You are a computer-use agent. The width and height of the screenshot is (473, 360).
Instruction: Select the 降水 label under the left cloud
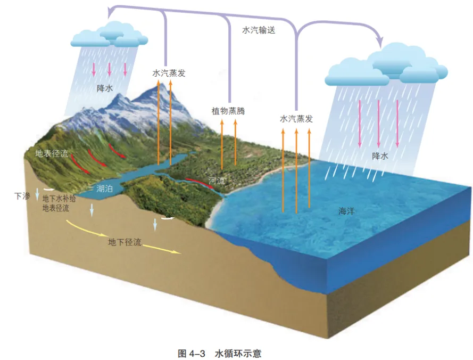click(104, 88)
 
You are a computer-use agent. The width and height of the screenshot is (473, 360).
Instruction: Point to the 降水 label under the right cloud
click(380, 156)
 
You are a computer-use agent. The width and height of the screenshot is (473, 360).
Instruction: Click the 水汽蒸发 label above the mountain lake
click(169, 73)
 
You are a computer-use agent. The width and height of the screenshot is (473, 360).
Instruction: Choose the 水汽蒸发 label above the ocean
click(296, 119)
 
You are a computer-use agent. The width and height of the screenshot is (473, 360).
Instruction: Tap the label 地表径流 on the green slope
click(52, 153)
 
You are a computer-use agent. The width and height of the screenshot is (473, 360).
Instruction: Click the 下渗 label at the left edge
click(21, 196)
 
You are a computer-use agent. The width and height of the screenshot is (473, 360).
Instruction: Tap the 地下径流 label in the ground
click(125, 242)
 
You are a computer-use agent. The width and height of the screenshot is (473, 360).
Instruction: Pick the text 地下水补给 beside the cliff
click(60, 199)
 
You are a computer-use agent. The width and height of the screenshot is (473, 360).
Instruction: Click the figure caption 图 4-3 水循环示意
click(220, 353)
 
